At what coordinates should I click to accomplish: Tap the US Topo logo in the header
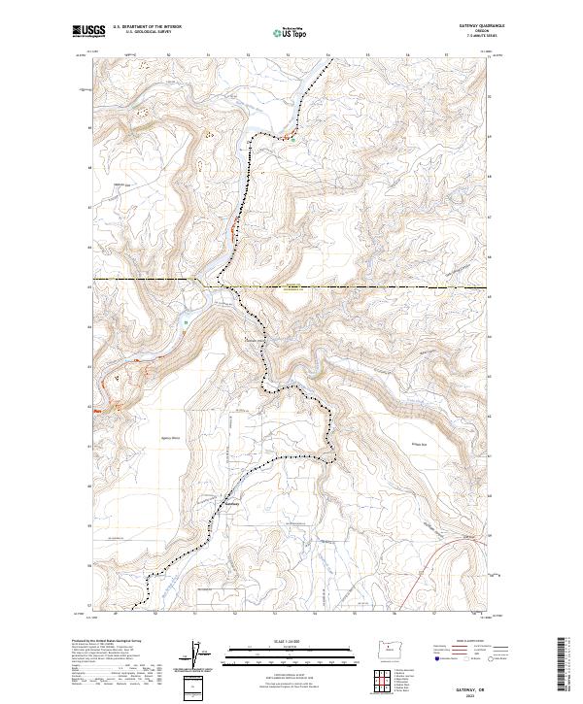click(290, 32)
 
